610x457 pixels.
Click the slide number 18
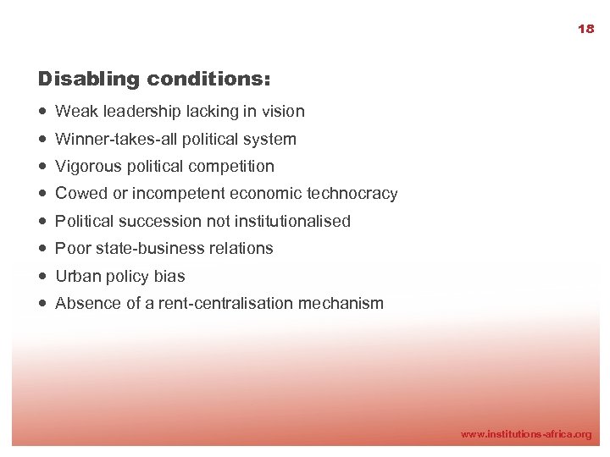[585, 29]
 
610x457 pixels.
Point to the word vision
[283, 111]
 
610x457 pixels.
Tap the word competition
[234, 166]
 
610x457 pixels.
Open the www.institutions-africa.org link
[525, 434]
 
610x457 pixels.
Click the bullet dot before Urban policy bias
[42, 276]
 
